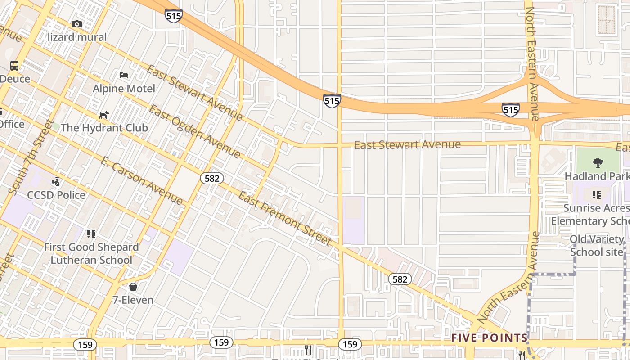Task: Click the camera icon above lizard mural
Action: [77, 24]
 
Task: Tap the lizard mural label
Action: [77, 37]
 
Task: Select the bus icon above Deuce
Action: [14, 66]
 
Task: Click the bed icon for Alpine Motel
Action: [124, 75]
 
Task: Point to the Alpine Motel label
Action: [124, 89]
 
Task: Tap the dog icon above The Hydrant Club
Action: [104, 115]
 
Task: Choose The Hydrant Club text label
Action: [104, 128]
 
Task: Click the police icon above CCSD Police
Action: [56, 182]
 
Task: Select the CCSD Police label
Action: [56, 195]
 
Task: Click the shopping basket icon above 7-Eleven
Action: [133, 286]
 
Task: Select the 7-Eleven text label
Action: [133, 300]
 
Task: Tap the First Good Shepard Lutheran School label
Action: [91, 253]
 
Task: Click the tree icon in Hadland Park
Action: [598, 162]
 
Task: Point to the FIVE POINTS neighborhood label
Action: [489, 337]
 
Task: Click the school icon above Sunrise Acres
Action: [597, 195]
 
